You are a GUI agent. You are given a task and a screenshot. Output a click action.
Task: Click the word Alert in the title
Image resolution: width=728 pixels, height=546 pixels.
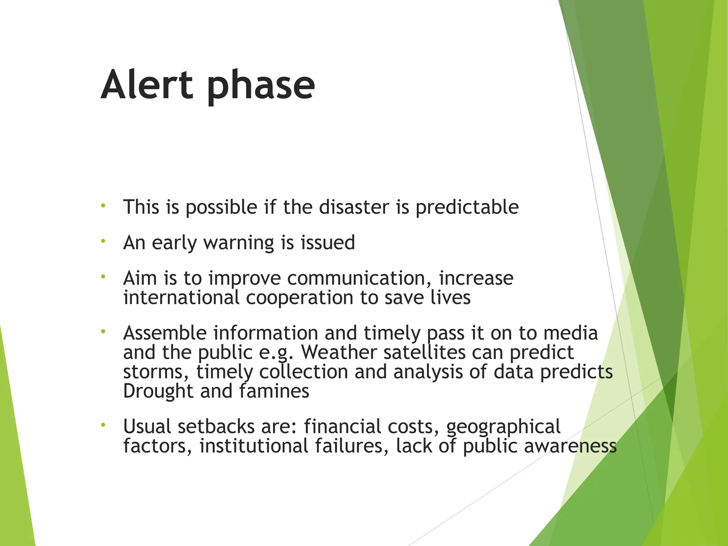click(x=147, y=85)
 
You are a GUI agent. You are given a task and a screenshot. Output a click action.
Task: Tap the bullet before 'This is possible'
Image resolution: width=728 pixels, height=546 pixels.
click(x=103, y=205)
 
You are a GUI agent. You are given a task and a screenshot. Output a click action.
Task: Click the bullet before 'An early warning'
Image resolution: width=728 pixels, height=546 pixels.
click(x=103, y=241)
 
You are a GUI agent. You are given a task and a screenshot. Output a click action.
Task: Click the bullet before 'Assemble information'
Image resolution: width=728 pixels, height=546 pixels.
click(x=103, y=331)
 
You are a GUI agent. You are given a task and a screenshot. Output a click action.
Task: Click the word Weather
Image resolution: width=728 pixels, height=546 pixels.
click(x=339, y=352)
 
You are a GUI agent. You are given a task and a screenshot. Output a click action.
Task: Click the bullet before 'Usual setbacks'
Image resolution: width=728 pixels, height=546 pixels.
click(x=103, y=425)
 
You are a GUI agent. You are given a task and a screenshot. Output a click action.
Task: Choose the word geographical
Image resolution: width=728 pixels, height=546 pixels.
click(x=503, y=427)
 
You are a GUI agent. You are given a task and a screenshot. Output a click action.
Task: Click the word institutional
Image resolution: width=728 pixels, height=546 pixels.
click(x=253, y=446)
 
